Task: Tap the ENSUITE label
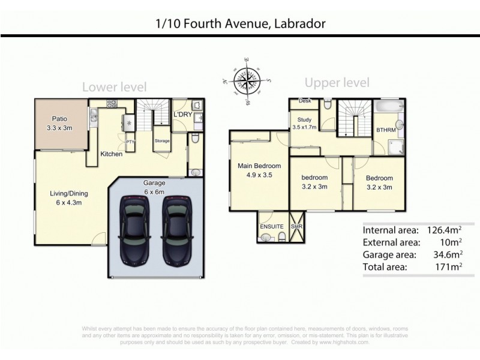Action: [271, 227]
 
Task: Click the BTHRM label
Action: [385, 129]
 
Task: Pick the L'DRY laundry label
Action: [182, 114]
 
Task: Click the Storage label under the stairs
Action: [162, 141]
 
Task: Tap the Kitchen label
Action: [111, 154]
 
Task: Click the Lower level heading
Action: [114, 87]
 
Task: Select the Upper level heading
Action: [337, 83]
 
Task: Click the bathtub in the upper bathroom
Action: [390, 108]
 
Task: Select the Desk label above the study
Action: [304, 101]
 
